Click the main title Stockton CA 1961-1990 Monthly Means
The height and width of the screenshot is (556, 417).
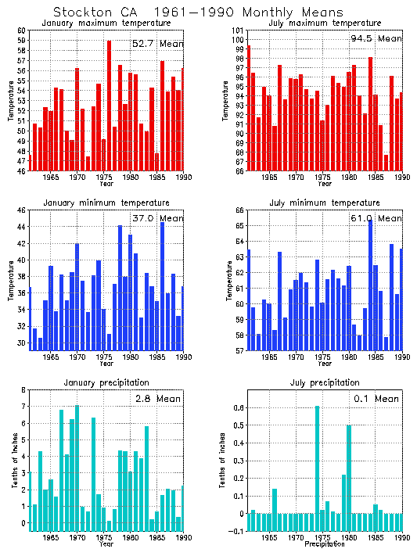[x=197, y=13]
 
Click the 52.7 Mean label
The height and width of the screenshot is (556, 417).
[x=157, y=44]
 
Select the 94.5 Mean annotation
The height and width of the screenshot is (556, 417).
[x=376, y=38]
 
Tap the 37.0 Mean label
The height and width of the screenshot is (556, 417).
[x=157, y=218]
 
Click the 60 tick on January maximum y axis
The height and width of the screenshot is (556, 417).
[x=22, y=30]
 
